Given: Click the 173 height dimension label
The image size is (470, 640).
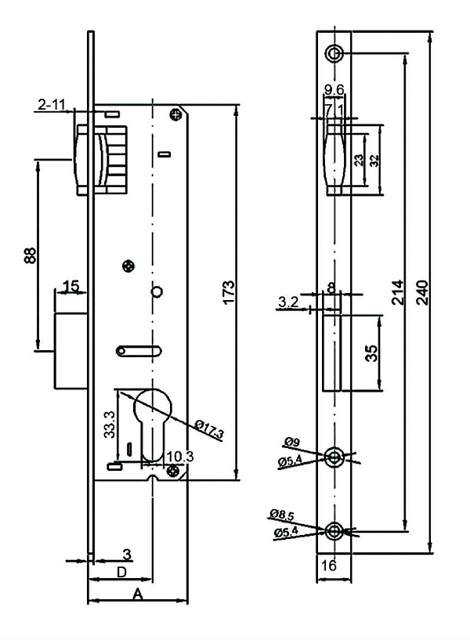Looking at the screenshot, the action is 229,291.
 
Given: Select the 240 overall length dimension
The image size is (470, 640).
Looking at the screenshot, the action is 423,292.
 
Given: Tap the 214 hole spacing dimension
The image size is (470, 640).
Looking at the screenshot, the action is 398,292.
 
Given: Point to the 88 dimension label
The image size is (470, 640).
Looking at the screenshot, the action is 31,255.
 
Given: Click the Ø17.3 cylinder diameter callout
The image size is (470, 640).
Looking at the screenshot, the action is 209,430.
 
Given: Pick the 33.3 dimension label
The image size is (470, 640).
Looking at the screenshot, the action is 110,425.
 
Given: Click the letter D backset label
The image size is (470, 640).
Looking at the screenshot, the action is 121,573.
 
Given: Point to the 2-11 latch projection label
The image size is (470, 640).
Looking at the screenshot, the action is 52,105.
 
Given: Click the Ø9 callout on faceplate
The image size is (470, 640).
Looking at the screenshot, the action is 292,442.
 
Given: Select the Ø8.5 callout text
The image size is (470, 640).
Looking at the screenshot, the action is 281,515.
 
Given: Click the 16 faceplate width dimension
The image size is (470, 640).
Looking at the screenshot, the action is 329,566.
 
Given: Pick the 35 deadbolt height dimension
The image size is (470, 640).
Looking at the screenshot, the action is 371,353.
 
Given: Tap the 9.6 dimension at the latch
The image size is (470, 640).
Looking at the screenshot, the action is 334,89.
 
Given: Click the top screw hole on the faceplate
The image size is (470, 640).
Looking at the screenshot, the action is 334,53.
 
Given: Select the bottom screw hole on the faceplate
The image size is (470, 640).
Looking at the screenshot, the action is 334,530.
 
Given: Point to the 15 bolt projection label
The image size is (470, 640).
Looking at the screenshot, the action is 71,286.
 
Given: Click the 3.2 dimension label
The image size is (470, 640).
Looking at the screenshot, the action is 288,302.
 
